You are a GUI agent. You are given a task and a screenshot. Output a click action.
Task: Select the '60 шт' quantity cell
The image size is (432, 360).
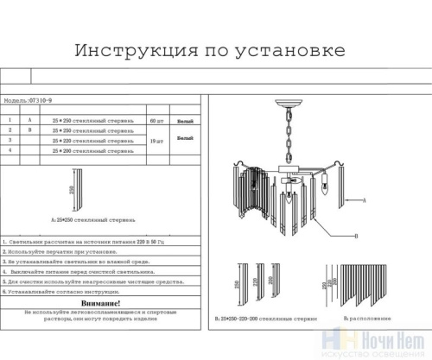(156, 119)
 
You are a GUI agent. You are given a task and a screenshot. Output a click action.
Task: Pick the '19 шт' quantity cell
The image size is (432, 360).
(156, 140)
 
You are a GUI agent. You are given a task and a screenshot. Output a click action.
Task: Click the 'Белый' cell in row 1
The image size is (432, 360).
(185, 119)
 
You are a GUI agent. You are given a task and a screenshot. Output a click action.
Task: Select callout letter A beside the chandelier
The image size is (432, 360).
(366, 200)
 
